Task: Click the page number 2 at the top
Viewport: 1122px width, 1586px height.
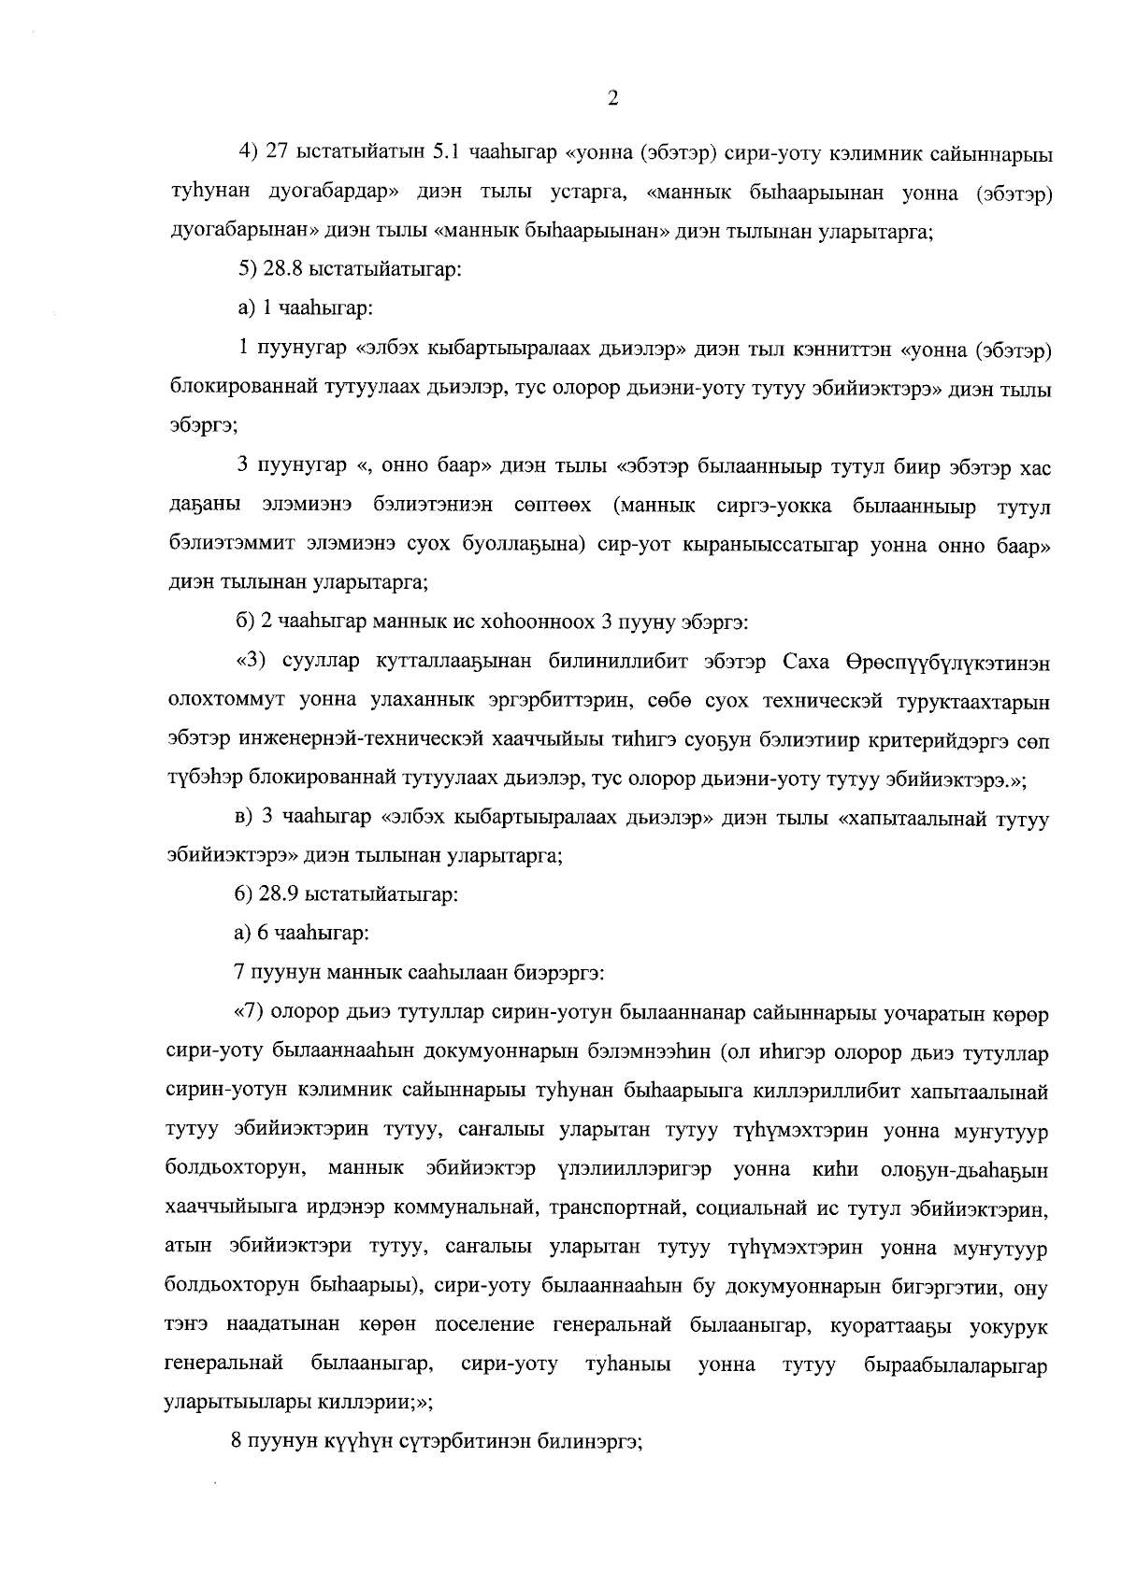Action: [611, 99]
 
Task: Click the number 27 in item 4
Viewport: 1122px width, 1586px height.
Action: [279, 151]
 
